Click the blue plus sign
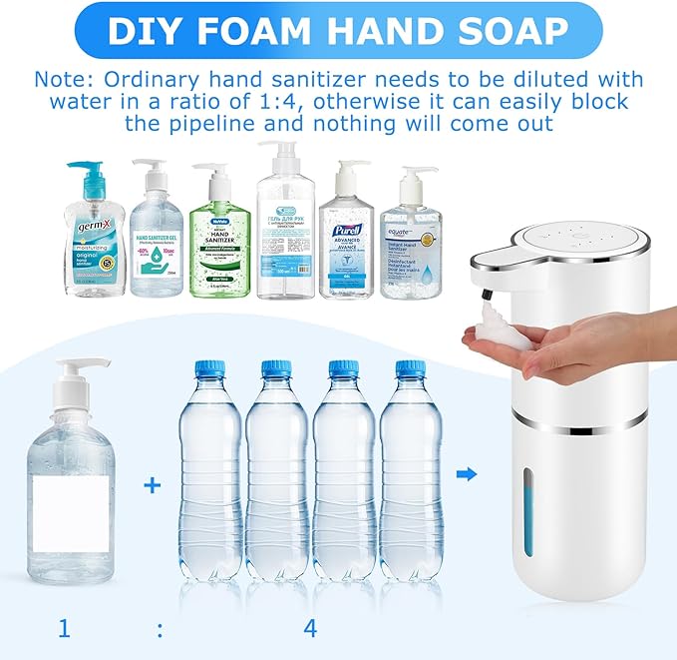click(152, 486)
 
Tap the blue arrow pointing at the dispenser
click(466, 473)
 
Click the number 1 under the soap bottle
click(64, 629)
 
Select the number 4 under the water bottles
click(310, 629)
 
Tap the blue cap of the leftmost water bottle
click(205, 367)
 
